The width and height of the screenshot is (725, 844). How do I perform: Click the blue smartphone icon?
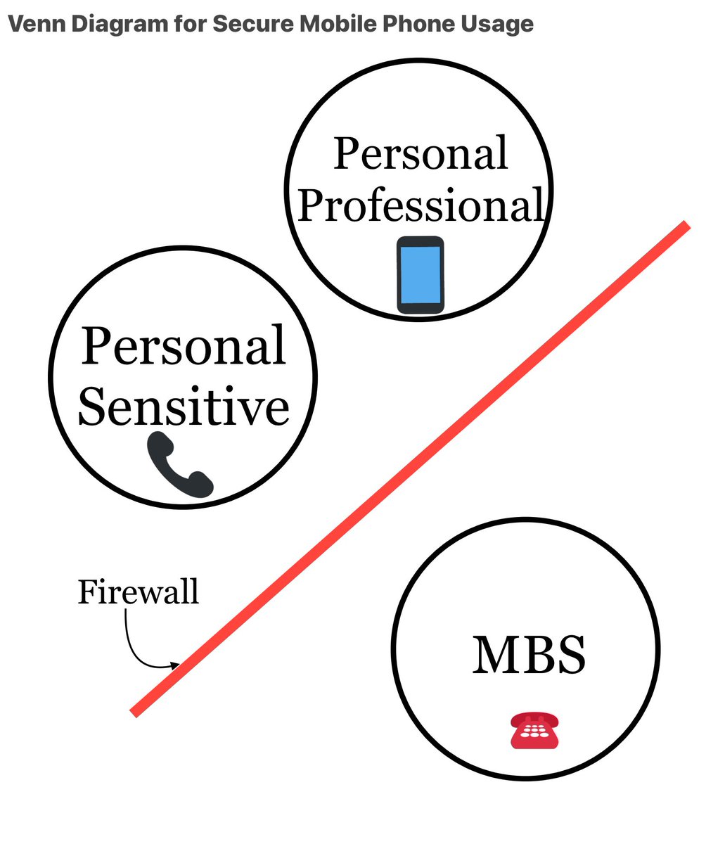pos(421,275)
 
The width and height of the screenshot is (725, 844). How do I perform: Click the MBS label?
pos(529,655)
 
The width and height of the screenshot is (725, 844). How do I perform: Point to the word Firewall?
pos(138,592)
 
